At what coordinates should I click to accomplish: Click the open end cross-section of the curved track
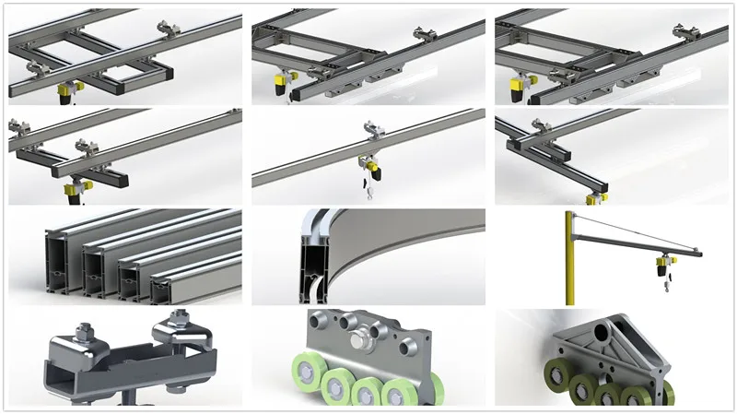coord(314,259)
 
